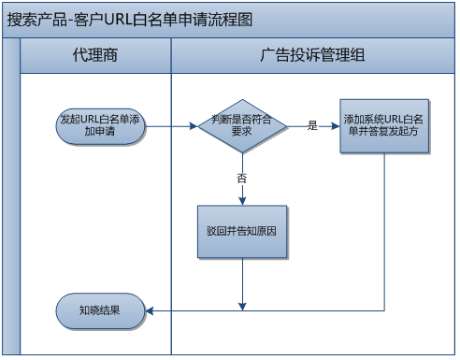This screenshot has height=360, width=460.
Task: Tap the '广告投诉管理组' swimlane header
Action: tap(312, 57)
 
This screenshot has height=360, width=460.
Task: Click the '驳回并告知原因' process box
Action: tap(241, 230)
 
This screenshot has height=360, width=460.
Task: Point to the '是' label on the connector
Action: tap(312, 124)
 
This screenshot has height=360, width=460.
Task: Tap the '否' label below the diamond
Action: tap(242, 177)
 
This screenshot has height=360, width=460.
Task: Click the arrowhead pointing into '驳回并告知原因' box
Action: tap(242, 200)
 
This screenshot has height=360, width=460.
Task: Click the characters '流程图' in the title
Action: tap(231, 20)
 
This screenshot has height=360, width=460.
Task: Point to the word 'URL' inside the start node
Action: tap(92, 120)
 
